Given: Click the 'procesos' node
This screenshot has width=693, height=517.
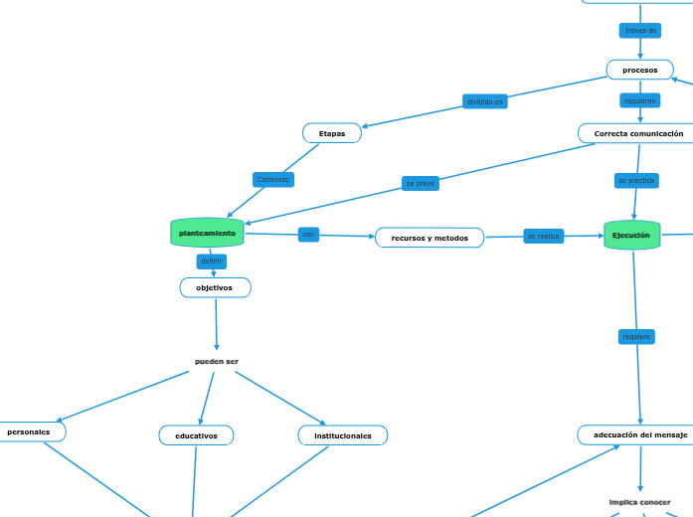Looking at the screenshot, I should (x=639, y=70).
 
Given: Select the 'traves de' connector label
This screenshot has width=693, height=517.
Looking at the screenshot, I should (x=640, y=30).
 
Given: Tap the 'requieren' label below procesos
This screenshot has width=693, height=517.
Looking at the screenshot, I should (x=639, y=100).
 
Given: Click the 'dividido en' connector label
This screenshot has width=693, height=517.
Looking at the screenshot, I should (x=485, y=101).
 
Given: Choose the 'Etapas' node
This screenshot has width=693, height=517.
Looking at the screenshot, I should (x=332, y=133).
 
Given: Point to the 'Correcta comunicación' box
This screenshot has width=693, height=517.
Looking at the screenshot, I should (x=636, y=133).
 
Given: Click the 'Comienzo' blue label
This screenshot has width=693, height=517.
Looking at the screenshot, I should (x=273, y=180).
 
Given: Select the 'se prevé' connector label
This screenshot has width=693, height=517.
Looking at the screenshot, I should (x=421, y=184).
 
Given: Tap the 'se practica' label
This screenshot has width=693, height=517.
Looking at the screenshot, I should (x=636, y=180).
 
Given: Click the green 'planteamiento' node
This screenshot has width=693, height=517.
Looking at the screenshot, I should (x=207, y=234).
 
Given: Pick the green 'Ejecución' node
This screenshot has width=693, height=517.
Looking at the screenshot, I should (x=631, y=236).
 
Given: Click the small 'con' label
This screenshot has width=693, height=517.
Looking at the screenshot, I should (x=308, y=235).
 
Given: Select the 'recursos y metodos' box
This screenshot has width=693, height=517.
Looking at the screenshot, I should (x=430, y=238).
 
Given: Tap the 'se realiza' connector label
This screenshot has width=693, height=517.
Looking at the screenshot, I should (x=544, y=236).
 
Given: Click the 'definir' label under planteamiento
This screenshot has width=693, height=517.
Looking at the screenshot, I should (x=212, y=261).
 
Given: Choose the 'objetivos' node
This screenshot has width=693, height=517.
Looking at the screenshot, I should (x=215, y=287).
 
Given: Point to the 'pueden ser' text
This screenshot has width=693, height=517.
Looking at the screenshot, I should (x=217, y=361).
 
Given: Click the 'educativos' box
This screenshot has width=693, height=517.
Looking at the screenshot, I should (x=196, y=435).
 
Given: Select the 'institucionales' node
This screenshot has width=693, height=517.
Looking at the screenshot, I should (x=343, y=435).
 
